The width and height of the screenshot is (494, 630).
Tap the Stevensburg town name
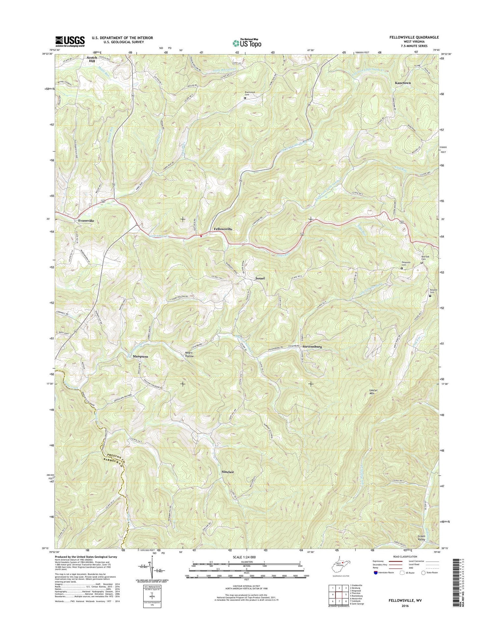[x=312, y=347]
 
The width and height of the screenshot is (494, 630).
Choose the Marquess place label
[x=140, y=357]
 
